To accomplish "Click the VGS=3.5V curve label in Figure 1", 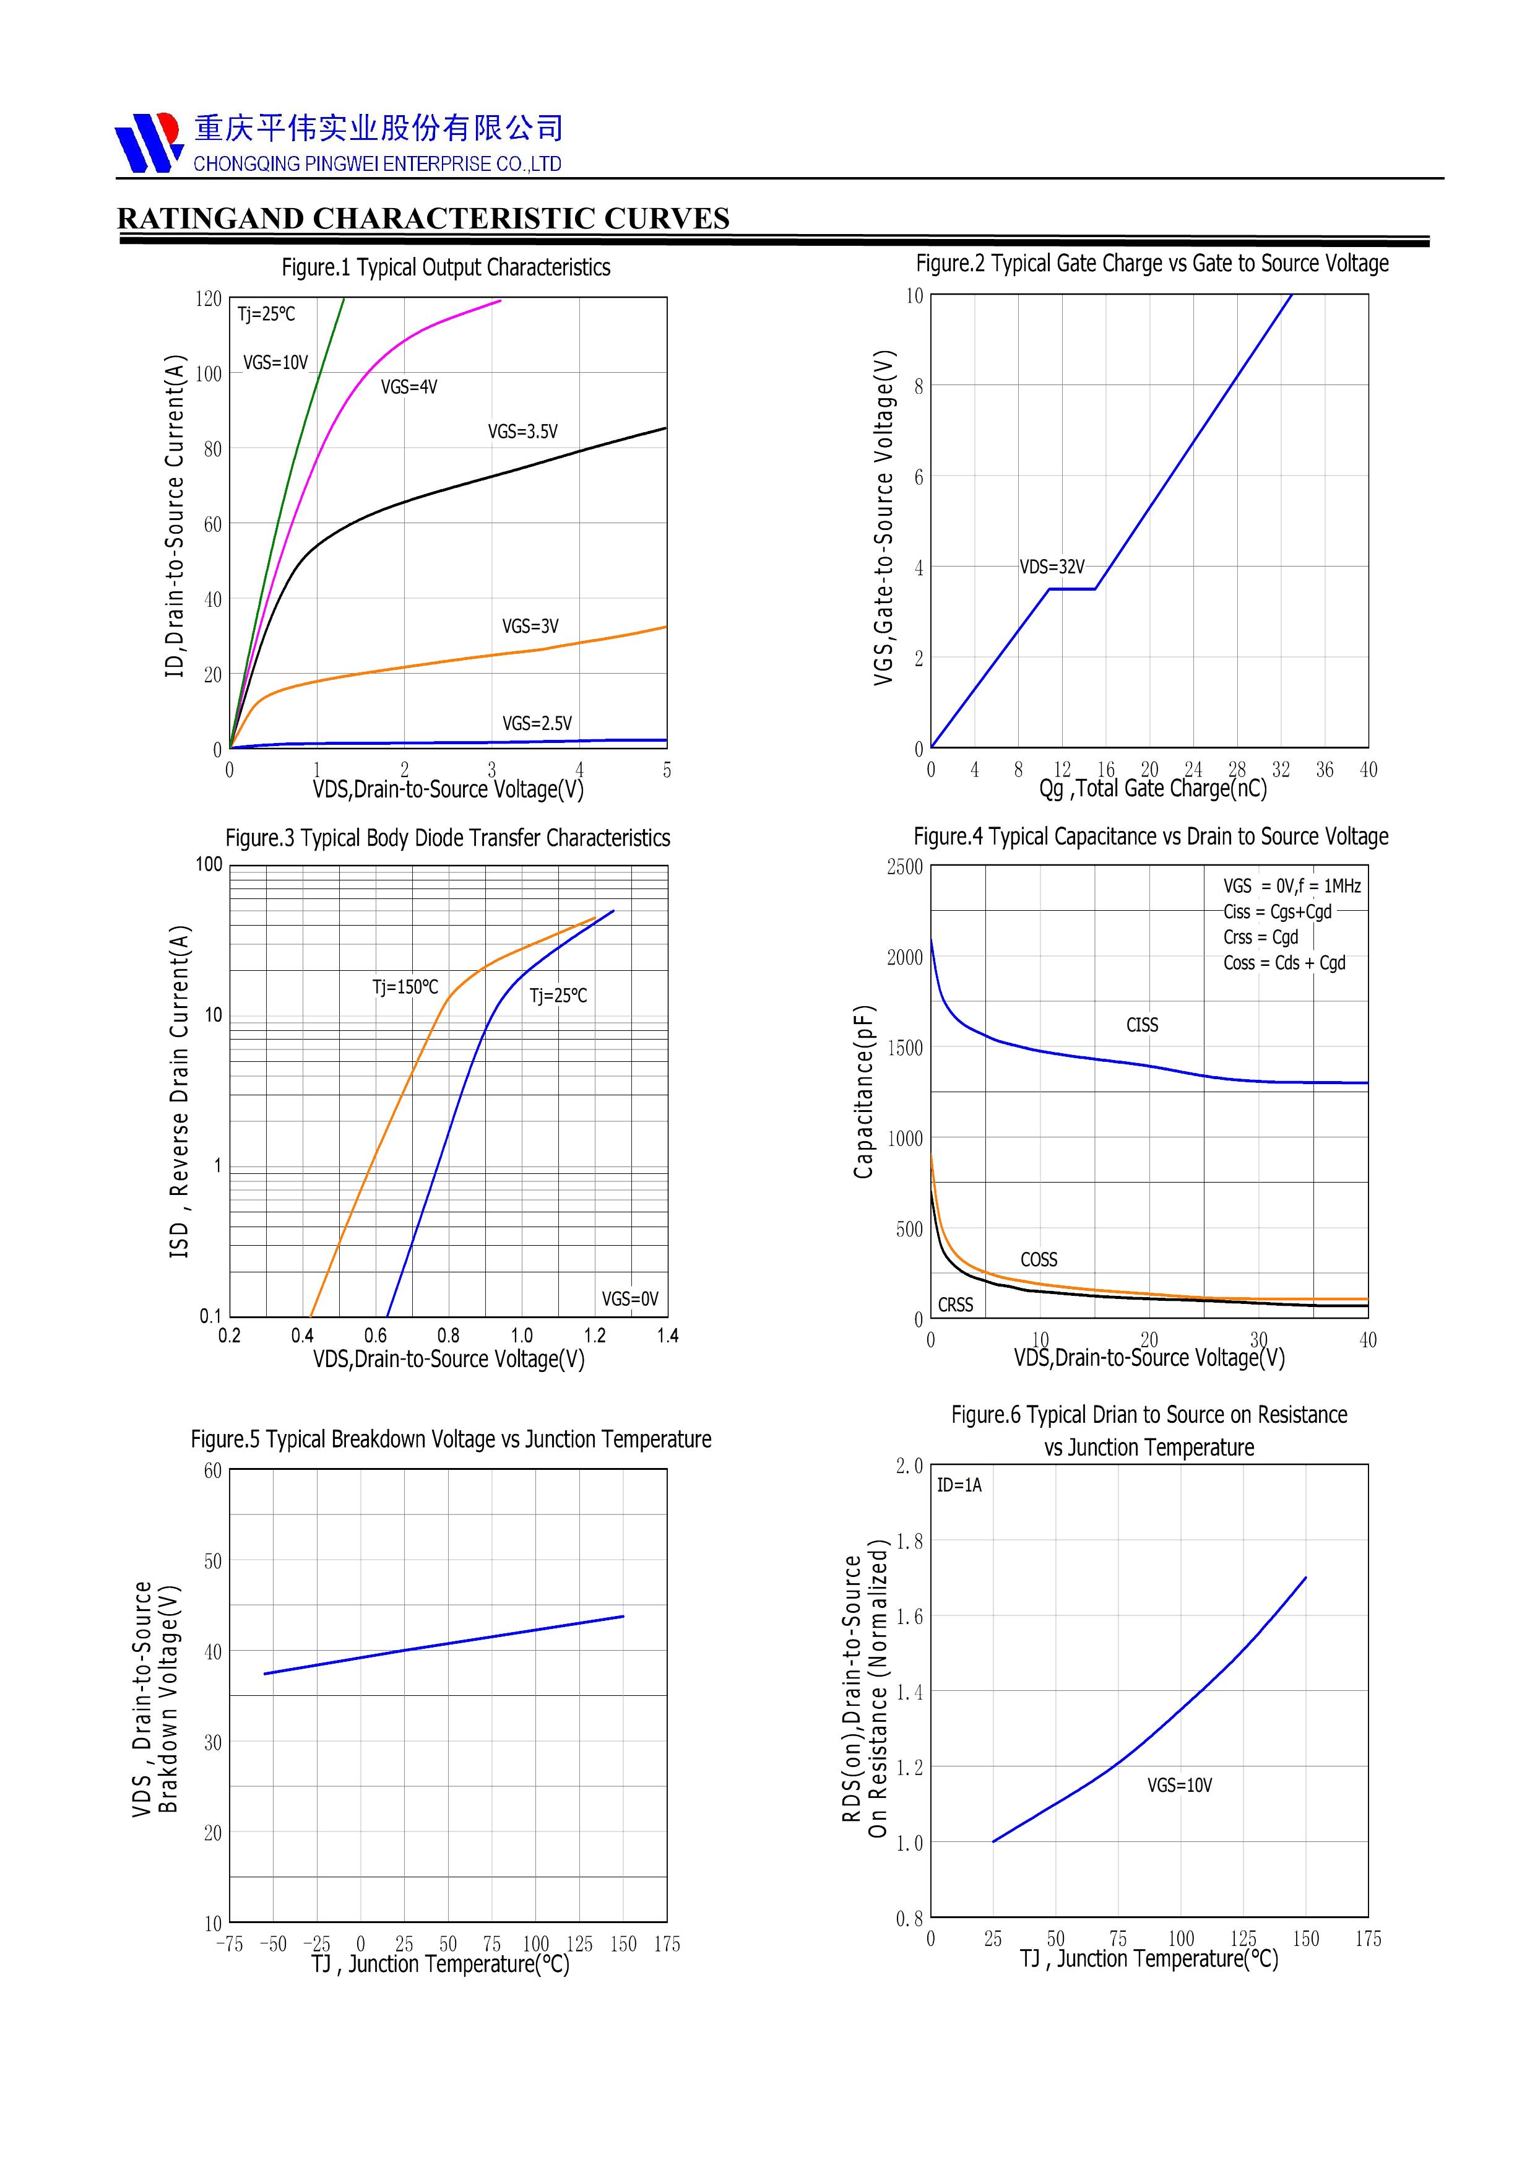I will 522,432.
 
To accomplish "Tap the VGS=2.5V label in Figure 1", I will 536,724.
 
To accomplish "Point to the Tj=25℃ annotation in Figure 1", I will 266,314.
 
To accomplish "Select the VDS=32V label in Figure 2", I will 1052,567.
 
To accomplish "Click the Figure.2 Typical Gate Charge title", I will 1151,263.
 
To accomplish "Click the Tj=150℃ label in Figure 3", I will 405,987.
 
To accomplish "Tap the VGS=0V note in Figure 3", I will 630,1299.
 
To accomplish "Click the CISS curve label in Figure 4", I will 1141,1025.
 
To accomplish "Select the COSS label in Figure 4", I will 1039,1259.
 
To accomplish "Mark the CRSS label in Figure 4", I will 955,1305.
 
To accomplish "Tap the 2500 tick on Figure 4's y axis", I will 904,867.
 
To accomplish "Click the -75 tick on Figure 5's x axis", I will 230,1944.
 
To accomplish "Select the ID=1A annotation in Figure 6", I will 959,1485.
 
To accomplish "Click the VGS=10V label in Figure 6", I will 1179,1785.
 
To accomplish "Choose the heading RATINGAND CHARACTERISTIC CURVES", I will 423,219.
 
